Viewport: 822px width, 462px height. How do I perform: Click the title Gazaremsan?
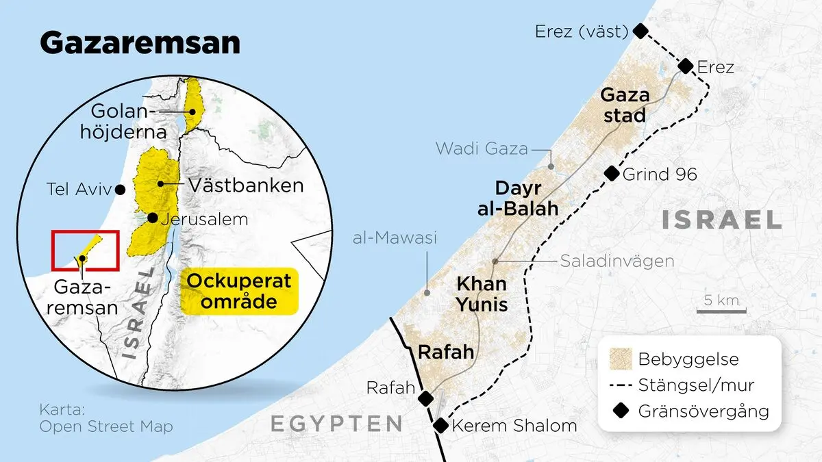pyautogui.click(x=140, y=43)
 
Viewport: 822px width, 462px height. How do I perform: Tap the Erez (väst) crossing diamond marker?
pyautogui.click(x=640, y=30)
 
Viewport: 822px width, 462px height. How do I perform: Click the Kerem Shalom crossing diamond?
pyautogui.click(x=440, y=426)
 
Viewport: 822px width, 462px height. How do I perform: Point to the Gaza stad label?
pyautogui.click(x=624, y=105)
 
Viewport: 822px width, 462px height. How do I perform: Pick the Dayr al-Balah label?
pyautogui.click(x=518, y=198)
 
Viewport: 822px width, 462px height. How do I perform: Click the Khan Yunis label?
pyautogui.click(x=482, y=293)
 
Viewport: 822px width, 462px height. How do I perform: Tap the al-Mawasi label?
pyautogui.click(x=394, y=238)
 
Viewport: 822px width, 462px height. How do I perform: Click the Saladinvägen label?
pyautogui.click(x=617, y=261)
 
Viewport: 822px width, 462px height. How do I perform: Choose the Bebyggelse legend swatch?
pyautogui.click(x=621, y=359)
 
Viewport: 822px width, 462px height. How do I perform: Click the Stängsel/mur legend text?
pyautogui.click(x=696, y=385)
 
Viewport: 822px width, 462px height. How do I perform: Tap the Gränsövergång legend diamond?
pyautogui.click(x=621, y=411)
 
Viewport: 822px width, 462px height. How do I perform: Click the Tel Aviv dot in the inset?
pyautogui.click(x=121, y=189)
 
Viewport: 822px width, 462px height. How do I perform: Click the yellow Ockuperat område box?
pyautogui.click(x=239, y=291)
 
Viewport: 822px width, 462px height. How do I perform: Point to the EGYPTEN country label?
pyautogui.click(x=336, y=424)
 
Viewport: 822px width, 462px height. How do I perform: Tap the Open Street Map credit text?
pyautogui.click(x=106, y=426)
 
